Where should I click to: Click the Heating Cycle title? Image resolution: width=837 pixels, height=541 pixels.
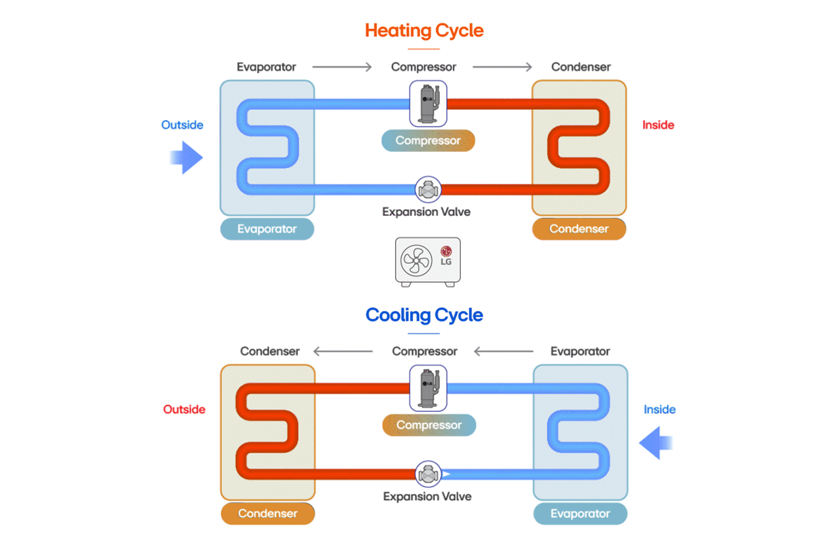pos(424,31)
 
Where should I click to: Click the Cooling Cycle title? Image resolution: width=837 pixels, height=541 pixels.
pos(424,315)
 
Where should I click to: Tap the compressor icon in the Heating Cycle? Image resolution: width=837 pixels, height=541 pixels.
pos(428,103)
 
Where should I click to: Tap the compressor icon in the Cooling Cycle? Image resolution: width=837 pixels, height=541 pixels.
pos(428,387)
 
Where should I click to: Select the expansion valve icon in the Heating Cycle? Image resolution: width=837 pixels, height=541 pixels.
pos(428,190)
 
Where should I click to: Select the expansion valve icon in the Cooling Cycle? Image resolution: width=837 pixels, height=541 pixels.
pos(428,475)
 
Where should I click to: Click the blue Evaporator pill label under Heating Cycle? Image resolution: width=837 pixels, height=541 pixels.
pos(267,229)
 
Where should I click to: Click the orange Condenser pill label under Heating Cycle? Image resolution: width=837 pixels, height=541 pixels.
pos(579,229)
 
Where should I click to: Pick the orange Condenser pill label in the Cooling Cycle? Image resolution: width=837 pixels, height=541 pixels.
pos(268,514)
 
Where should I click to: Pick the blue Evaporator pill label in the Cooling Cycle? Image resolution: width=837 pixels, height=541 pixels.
pos(580,514)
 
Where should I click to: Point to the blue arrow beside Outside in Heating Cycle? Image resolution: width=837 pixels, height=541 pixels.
pos(186,158)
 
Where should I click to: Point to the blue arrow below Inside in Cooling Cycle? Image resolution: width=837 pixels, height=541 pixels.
pos(656,443)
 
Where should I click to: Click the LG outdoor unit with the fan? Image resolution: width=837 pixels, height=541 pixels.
pos(428,261)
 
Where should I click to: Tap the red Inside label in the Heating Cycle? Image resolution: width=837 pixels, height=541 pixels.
pos(658,125)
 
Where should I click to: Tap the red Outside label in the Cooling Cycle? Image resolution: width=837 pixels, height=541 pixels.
pos(184,409)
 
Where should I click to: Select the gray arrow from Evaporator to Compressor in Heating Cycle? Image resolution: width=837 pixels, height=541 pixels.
pos(342,67)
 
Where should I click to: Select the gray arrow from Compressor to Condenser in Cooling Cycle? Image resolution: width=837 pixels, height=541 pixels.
pos(343,351)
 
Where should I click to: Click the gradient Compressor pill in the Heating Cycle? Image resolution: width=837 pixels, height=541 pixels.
pos(428,141)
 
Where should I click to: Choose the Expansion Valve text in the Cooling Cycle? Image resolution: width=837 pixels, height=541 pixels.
pos(427,497)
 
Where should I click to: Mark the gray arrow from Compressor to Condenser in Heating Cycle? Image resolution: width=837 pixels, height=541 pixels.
pos(502,67)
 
